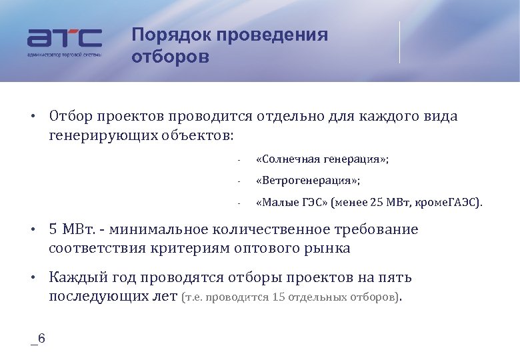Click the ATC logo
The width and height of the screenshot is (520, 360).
tap(64, 38)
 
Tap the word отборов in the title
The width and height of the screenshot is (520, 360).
tap(170, 57)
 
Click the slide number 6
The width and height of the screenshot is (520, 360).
tap(41, 339)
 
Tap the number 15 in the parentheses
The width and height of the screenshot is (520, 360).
tap(280, 297)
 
